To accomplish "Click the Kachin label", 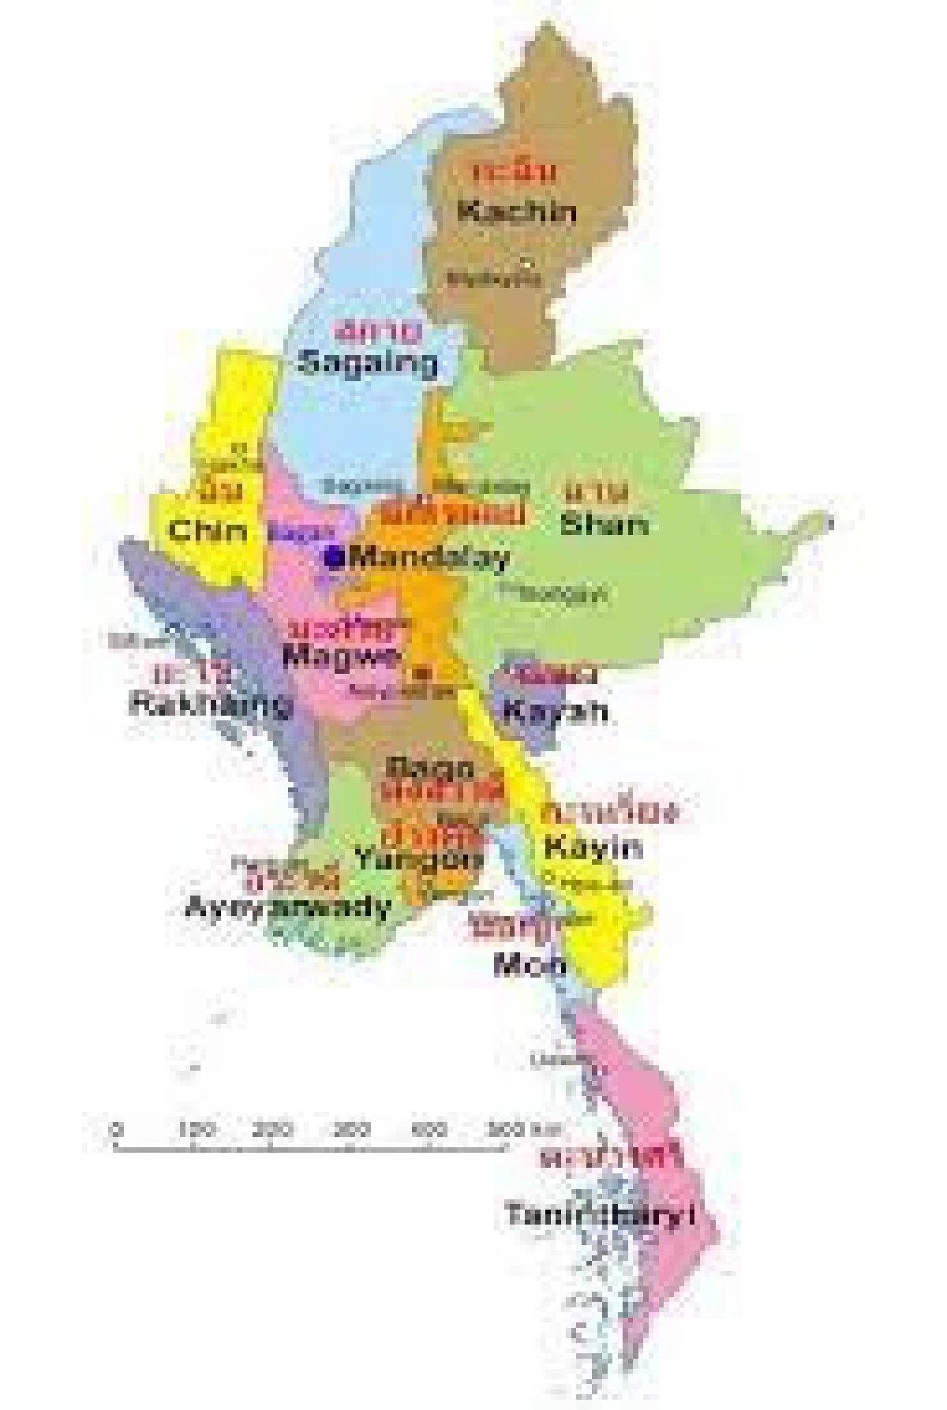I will pyautogui.click(x=516, y=211).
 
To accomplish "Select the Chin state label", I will pyautogui.click(x=208, y=530).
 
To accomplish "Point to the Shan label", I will pyautogui.click(x=604, y=524).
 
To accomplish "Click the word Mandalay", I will pyautogui.click(x=429, y=558).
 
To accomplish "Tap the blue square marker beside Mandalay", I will pyautogui.click(x=334, y=557).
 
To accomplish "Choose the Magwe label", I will pyautogui.click(x=341, y=656).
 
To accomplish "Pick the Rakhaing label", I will pyautogui.click(x=208, y=704).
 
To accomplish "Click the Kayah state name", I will pyautogui.click(x=556, y=711).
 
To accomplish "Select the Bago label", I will pyautogui.click(x=431, y=767).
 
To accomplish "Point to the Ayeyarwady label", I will pyautogui.click(x=288, y=907).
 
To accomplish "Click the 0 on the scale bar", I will pyautogui.click(x=117, y=1131).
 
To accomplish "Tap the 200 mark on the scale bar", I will pyautogui.click(x=272, y=1131).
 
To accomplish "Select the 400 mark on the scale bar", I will pyautogui.click(x=429, y=1131).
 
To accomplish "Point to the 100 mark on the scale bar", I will pyautogui.click(x=196, y=1131).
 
